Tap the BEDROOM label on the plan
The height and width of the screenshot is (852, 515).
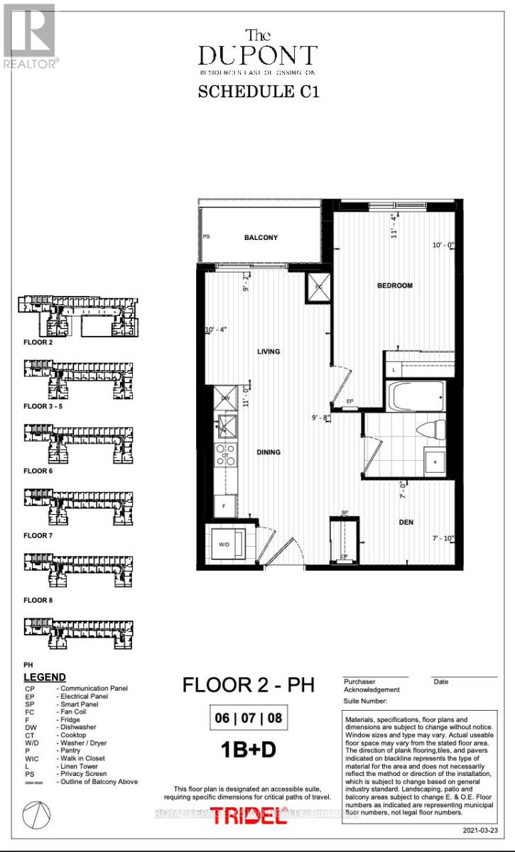tap(394, 285)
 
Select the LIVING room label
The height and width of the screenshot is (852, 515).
tap(269, 351)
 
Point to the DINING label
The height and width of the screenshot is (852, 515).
tap(269, 452)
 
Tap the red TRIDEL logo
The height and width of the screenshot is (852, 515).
tap(257, 816)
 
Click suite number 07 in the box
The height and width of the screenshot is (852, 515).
tap(249, 718)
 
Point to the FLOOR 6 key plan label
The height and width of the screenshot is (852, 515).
tap(38, 471)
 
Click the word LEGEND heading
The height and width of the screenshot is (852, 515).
tap(44, 677)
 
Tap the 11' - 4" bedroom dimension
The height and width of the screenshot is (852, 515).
tap(392, 225)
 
